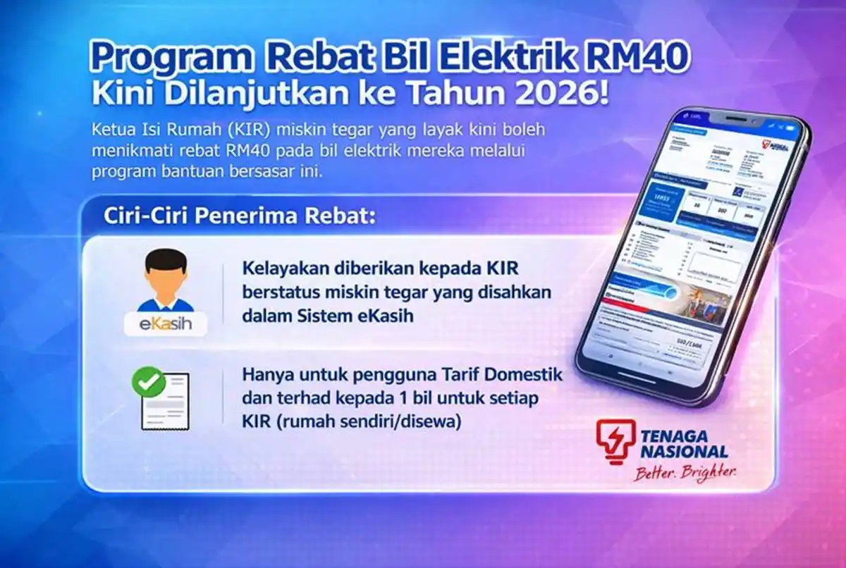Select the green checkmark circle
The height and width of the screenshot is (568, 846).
pyautogui.click(x=149, y=383)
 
